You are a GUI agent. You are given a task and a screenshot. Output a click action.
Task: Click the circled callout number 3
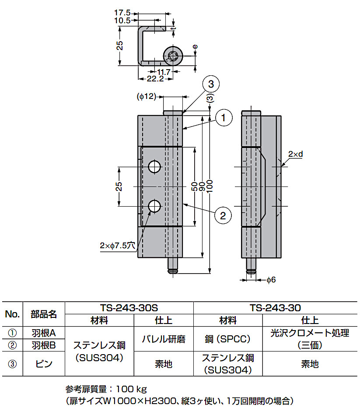click(x=210, y=84)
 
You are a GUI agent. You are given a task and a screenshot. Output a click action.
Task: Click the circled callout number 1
click(x=223, y=117)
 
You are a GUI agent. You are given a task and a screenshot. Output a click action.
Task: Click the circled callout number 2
click(x=223, y=215)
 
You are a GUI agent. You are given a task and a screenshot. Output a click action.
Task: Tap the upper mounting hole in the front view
click(x=154, y=166)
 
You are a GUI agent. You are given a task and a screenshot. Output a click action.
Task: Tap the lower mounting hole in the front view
click(x=154, y=206)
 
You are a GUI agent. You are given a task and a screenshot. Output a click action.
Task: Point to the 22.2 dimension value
click(x=155, y=79)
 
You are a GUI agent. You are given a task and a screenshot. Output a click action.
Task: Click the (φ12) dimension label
click(x=146, y=96)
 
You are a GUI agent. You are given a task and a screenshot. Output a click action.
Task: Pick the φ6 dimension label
click(x=271, y=279)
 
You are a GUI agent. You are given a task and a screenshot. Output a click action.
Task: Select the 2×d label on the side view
click(x=296, y=154)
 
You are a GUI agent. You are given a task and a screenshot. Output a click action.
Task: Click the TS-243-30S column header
click(x=129, y=308)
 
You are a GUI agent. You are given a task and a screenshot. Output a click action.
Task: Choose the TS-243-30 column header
click(x=275, y=308)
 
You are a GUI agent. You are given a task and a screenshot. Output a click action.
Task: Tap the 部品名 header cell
click(x=44, y=314)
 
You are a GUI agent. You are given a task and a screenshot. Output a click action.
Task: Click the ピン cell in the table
click(x=44, y=363)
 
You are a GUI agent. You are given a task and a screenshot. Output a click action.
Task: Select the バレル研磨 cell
click(x=164, y=339)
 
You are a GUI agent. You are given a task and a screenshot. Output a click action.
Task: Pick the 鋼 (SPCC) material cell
click(x=227, y=339)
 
